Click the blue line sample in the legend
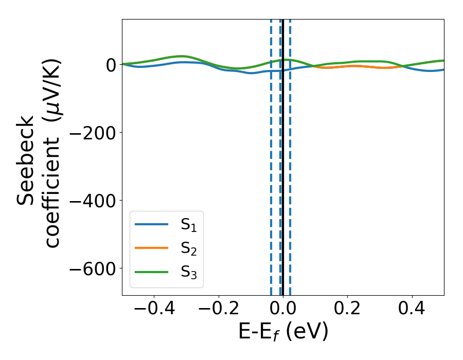coord(151,224)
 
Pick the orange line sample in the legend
coord(151,248)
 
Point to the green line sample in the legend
coord(151,272)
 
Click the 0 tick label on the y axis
coord(110,65)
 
